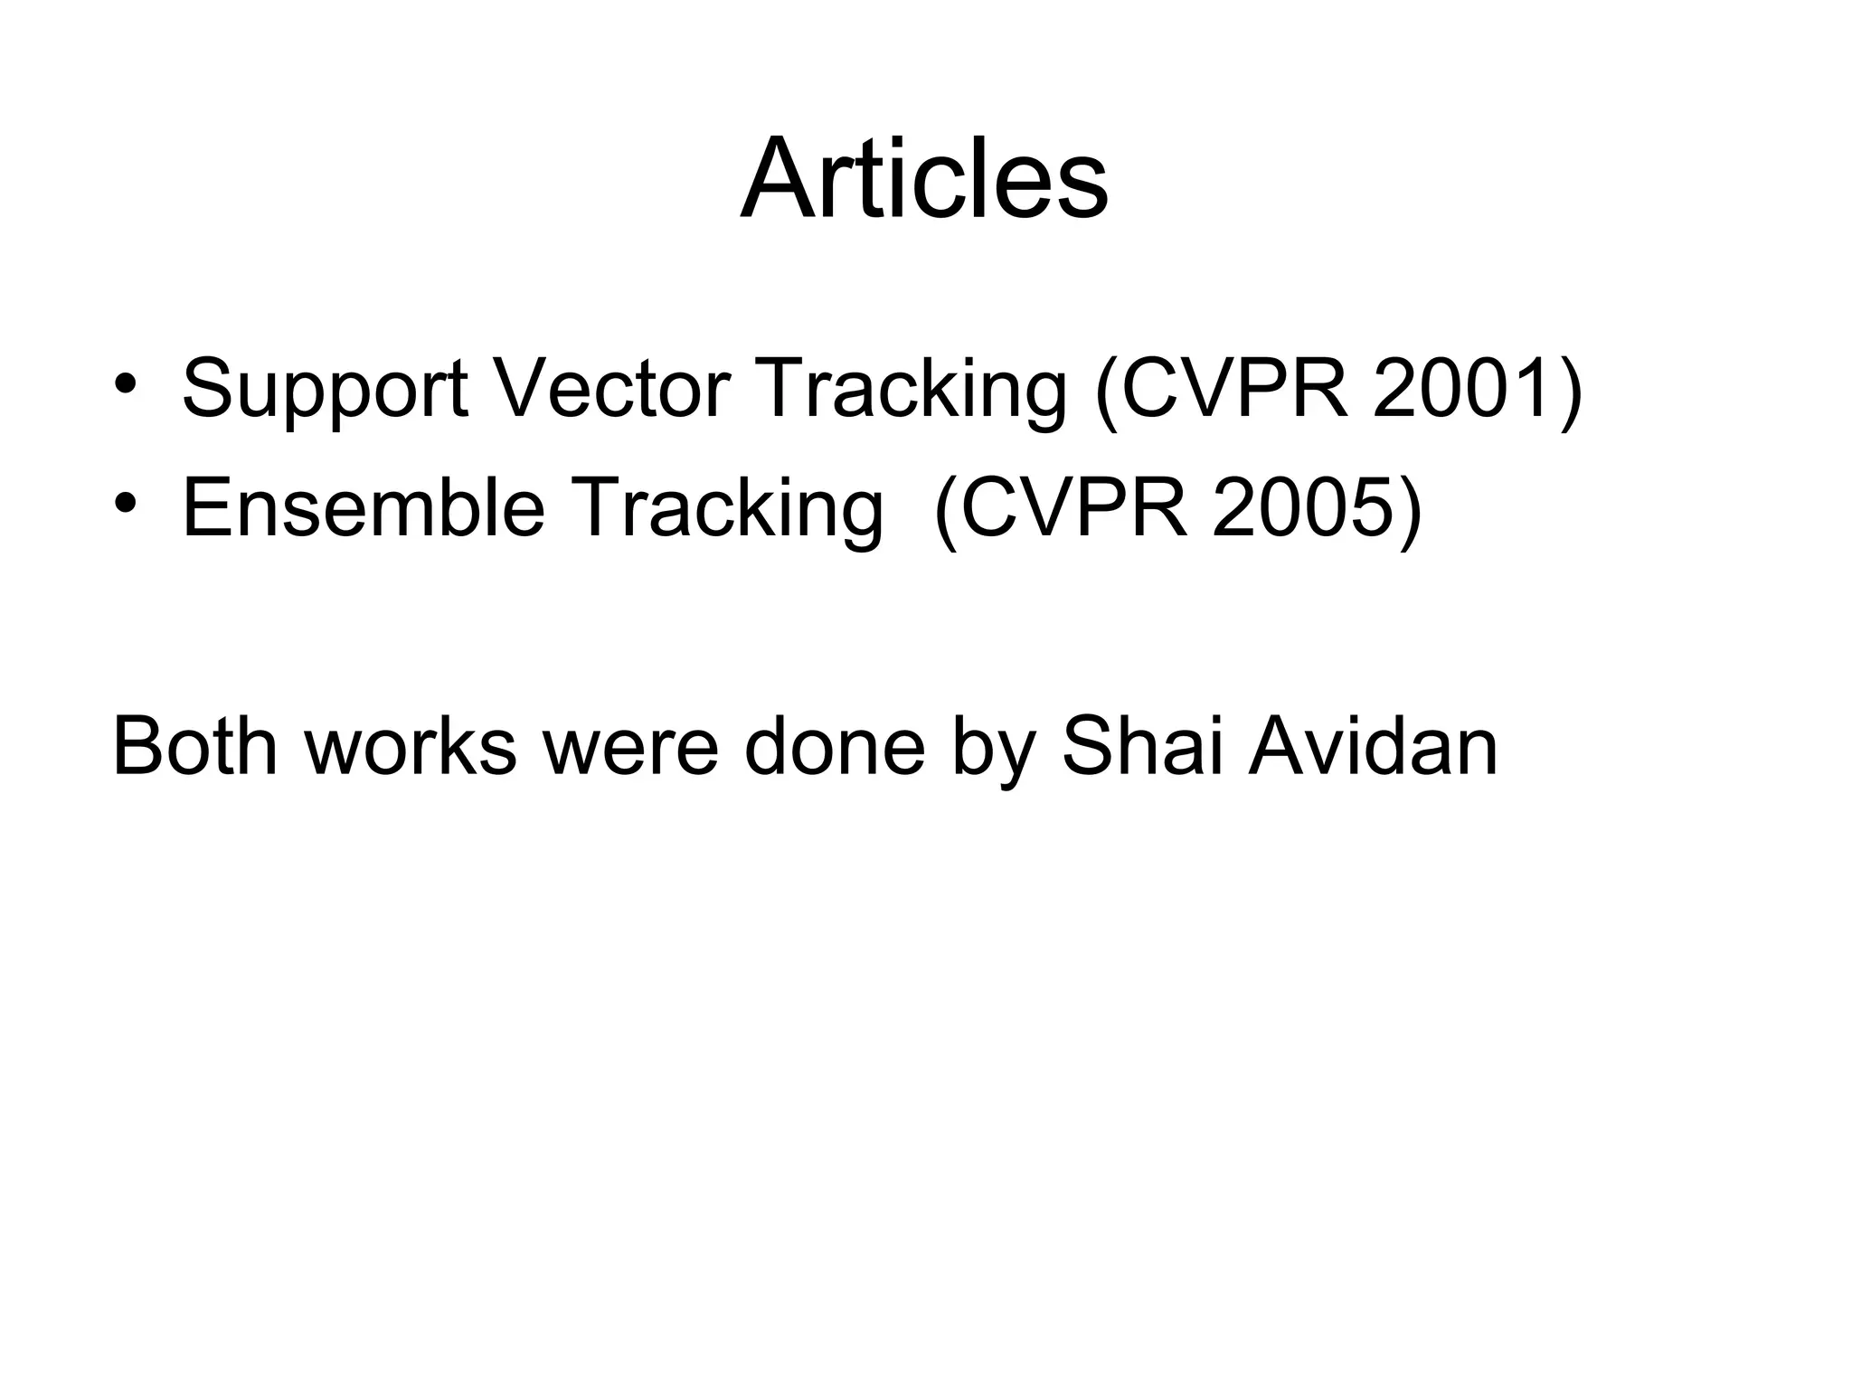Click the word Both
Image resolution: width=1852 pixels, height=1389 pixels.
(x=194, y=747)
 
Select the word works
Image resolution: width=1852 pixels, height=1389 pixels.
(x=411, y=747)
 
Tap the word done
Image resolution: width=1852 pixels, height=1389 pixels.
(x=835, y=747)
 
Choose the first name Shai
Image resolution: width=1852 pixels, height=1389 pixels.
(x=1141, y=747)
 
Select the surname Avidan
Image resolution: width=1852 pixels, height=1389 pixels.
(x=1373, y=747)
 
